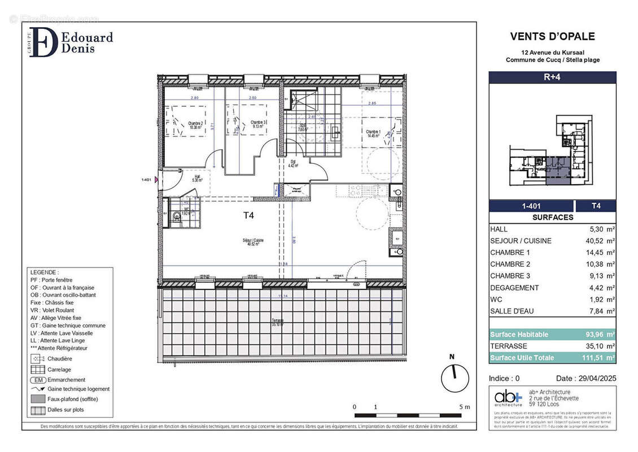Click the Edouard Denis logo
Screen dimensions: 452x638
(71, 42)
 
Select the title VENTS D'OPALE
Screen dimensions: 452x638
(552, 37)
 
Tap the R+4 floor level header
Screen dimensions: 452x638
(552, 77)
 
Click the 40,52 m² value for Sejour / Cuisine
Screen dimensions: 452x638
(597, 241)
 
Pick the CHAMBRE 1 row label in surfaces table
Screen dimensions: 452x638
(510, 253)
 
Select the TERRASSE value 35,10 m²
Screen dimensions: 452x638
(597, 346)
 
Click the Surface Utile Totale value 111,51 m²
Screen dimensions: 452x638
(597, 358)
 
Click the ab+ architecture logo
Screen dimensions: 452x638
(508, 397)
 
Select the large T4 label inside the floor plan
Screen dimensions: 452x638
(248, 215)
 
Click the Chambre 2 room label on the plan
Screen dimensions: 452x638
(195, 125)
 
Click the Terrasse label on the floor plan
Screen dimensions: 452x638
(277, 322)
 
